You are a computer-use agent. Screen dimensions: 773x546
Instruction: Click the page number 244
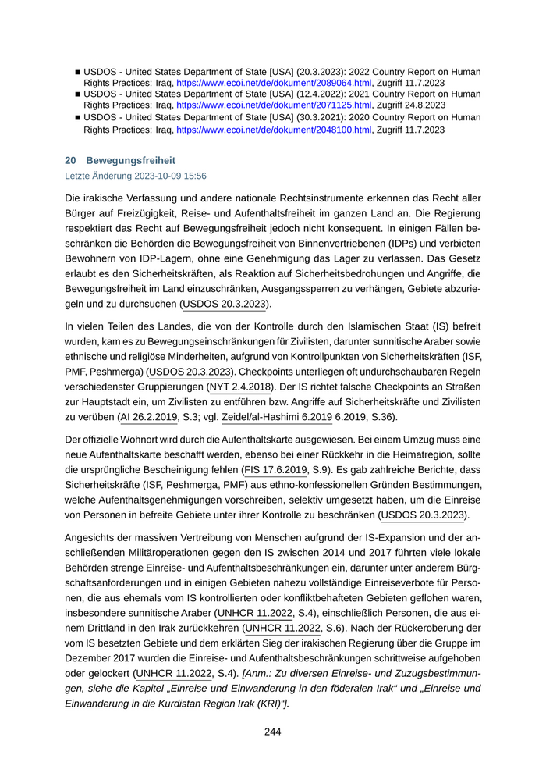272,732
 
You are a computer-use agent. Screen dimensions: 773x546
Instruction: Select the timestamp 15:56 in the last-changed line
194,176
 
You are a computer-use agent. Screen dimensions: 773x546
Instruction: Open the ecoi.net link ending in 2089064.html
274,82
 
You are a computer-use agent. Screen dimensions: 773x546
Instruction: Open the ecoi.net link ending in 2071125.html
274,104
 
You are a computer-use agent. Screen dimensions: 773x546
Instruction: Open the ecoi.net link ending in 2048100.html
274,130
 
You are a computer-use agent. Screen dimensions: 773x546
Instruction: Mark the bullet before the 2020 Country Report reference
77,118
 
